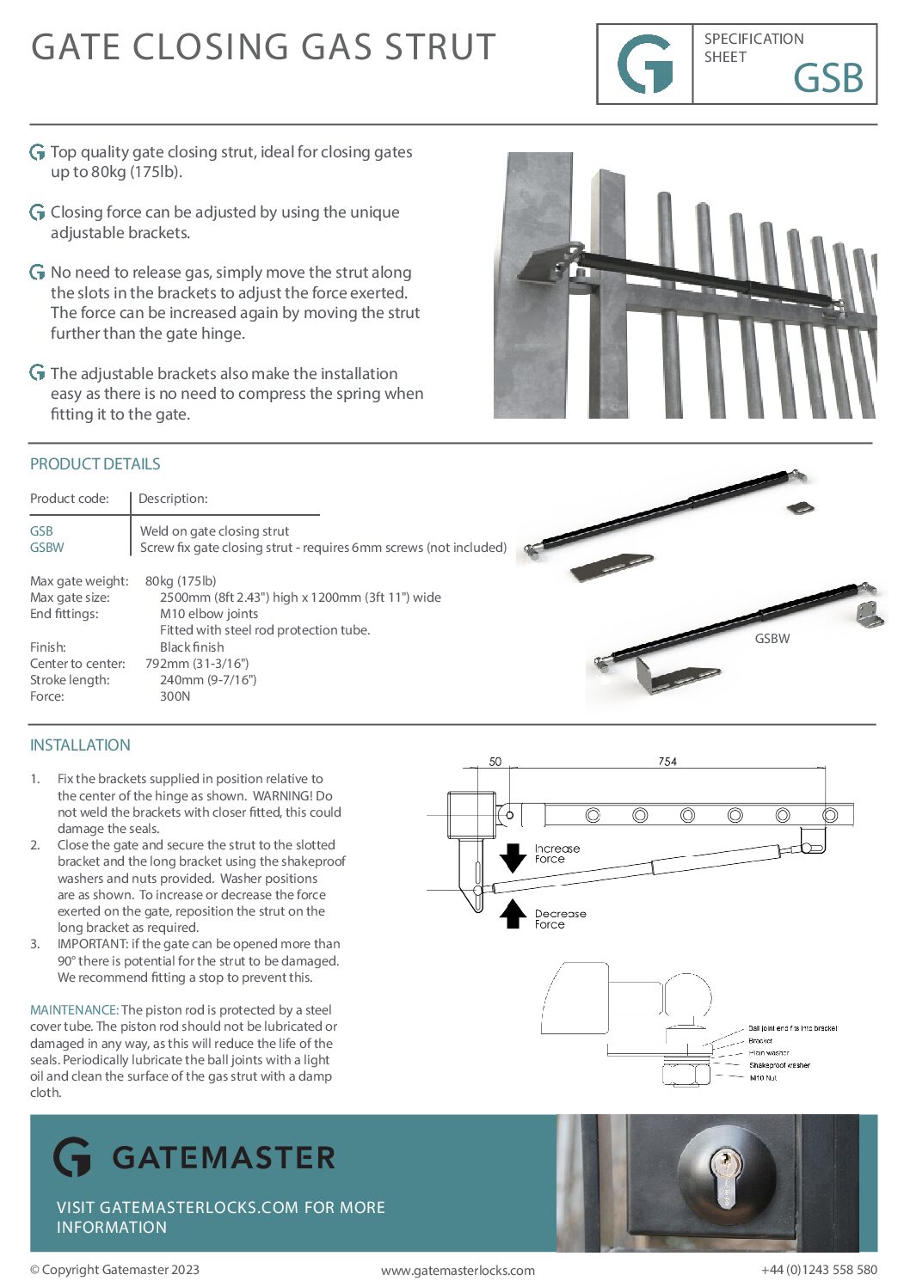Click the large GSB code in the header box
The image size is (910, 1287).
coord(827,78)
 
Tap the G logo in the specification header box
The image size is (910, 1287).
coord(645,64)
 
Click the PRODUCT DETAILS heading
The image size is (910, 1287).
coord(95,464)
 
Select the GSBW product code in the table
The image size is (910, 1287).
coord(46,548)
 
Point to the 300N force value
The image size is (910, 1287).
coord(175,696)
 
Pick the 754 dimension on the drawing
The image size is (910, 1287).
coord(667,762)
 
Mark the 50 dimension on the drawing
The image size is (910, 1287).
coord(495,762)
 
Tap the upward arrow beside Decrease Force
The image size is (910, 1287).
coord(513,914)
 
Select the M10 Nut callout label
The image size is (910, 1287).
coord(763,1077)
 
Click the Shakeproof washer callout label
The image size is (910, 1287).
coord(779,1065)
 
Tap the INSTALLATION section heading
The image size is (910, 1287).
coord(80,745)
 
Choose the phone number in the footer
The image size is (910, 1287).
coord(819,1270)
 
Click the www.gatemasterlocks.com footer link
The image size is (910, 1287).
coord(458,1271)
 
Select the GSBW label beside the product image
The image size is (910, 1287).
coord(772,639)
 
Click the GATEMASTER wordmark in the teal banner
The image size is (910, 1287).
coord(223,1157)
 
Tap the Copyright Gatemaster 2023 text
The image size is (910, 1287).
coord(114,1270)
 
